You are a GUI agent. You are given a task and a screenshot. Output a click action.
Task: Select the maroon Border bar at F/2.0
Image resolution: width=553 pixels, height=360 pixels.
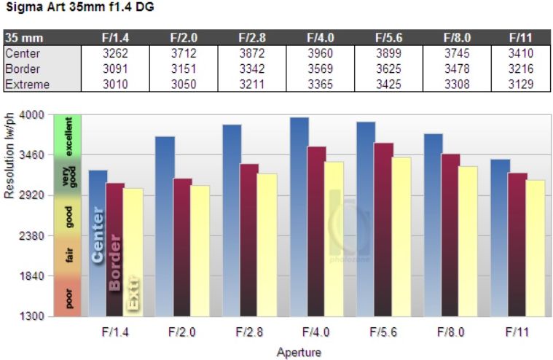point(182,247)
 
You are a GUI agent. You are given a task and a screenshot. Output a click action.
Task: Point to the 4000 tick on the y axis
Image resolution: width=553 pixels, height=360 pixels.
point(33,115)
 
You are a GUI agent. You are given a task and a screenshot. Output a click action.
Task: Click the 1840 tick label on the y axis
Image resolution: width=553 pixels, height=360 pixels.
point(33,276)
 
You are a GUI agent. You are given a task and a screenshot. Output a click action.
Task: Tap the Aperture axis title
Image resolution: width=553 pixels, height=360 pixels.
point(298,351)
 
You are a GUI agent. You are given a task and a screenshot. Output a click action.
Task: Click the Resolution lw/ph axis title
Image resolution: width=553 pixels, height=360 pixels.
point(9,156)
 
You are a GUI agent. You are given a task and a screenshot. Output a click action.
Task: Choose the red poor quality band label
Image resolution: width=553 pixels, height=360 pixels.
point(69,298)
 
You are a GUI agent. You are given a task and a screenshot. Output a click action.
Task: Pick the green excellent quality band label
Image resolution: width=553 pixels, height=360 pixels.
point(69,137)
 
